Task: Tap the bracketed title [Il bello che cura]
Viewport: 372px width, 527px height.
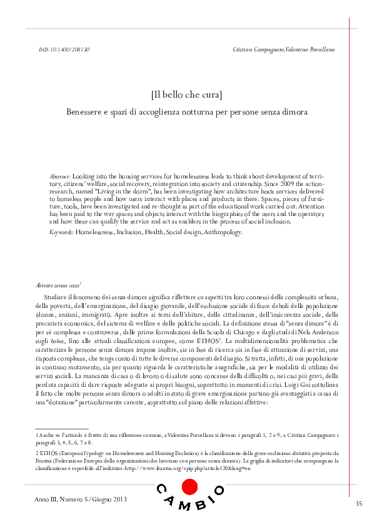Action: pos(186,95)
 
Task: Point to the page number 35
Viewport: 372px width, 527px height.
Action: pos(358,504)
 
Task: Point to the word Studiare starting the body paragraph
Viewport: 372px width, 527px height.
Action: pos(57,295)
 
